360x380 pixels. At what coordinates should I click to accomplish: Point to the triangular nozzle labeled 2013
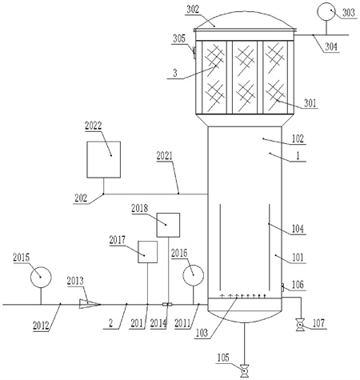click(x=90, y=304)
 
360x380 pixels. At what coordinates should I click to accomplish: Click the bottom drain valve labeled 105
click(x=244, y=371)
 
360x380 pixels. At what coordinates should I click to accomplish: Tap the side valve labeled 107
click(x=301, y=325)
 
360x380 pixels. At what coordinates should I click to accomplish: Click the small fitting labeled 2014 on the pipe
click(x=167, y=304)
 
